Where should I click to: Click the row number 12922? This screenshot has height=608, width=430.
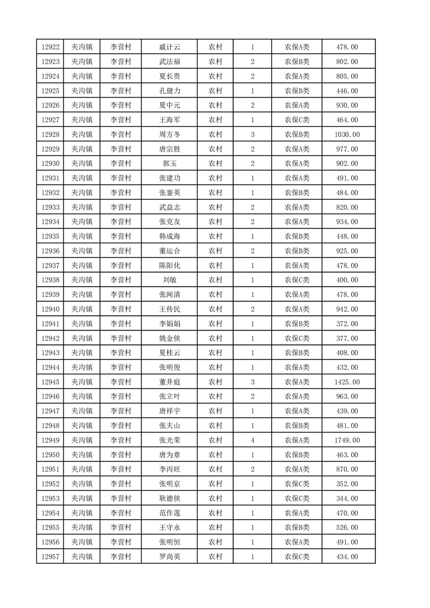click(x=50, y=48)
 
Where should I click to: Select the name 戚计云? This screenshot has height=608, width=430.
click(x=169, y=48)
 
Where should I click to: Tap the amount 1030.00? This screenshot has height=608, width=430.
click(x=347, y=134)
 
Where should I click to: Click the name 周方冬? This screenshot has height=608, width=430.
click(x=169, y=134)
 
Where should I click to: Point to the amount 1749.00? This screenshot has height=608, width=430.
click(x=347, y=440)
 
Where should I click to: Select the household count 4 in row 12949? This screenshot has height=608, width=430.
click(x=253, y=440)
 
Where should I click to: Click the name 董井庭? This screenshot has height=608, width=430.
click(x=169, y=382)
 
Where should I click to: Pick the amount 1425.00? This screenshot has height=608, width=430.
click(x=347, y=382)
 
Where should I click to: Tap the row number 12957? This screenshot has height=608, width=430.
click(x=50, y=557)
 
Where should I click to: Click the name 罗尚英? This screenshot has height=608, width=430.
click(x=169, y=557)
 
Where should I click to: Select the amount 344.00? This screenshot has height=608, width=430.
click(x=347, y=499)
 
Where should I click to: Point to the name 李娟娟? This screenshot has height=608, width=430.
click(x=169, y=324)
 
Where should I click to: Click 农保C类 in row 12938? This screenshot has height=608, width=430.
click(x=297, y=280)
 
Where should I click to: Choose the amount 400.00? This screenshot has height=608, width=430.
click(x=347, y=280)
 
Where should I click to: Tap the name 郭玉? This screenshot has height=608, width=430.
click(x=169, y=164)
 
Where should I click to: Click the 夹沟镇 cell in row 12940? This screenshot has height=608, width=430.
click(x=82, y=309)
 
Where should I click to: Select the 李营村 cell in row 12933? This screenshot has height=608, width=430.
click(x=121, y=207)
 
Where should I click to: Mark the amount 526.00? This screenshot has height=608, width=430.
click(x=347, y=527)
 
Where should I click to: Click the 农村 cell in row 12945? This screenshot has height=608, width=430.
click(x=215, y=382)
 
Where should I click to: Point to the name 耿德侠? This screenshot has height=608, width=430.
click(x=169, y=499)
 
